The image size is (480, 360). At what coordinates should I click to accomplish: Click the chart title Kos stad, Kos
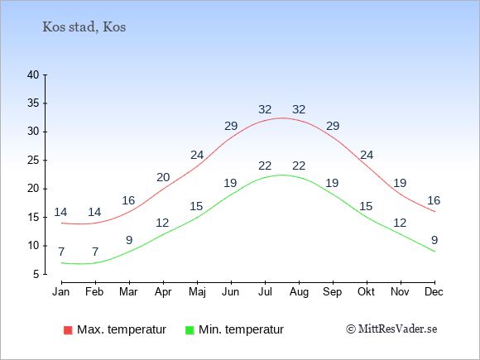click(x=84, y=27)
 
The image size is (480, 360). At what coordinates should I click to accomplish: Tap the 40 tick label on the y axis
click(x=33, y=74)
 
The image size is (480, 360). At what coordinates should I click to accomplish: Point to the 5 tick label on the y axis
click(x=36, y=274)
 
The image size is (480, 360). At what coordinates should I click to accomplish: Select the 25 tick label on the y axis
click(x=33, y=160)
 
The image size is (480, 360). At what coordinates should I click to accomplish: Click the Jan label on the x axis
click(x=61, y=292)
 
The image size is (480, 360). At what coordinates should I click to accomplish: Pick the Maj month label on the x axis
click(x=197, y=292)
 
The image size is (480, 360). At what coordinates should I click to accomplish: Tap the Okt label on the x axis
click(x=366, y=292)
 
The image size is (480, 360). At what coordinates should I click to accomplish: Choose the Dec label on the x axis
click(x=434, y=292)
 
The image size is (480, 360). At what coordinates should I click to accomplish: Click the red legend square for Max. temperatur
click(x=68, y=330)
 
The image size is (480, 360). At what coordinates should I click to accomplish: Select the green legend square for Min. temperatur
click(x=190, y=330)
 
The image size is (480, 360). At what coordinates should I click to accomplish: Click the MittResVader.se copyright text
click(x=391, y=329)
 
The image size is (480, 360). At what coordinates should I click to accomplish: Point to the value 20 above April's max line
click(x=163, y=177)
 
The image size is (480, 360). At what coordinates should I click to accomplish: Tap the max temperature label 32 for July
click(x=265, y=109)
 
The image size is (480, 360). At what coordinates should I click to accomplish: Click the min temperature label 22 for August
click(x=299, y=166)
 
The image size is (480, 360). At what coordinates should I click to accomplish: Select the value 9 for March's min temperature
click(x=129, y=240)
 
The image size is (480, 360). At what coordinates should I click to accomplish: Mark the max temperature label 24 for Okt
click(x=367, y=156)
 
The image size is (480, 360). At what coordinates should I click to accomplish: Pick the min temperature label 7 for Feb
click(x=95, y=252)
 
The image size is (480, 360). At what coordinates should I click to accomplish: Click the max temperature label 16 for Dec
click(x=434, y=200)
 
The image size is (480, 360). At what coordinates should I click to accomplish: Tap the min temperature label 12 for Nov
click(x=400, y=223)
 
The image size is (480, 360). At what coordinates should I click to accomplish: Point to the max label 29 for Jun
click(x=231, y=126)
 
